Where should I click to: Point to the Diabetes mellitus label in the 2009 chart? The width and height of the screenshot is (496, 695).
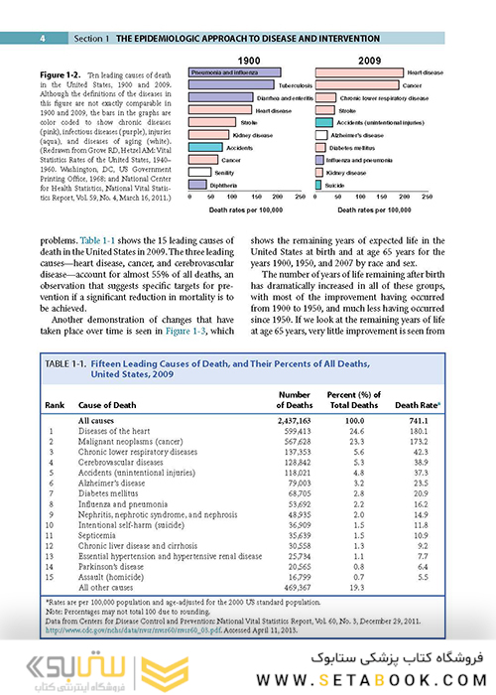368,148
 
